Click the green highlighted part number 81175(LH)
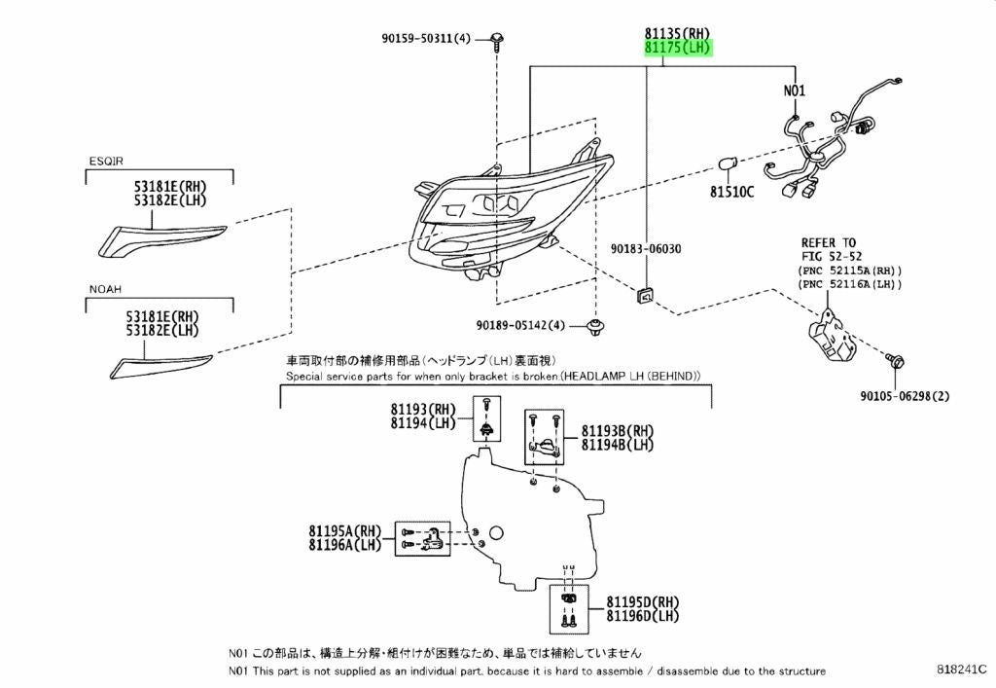point(678,48)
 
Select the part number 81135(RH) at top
point(678,33)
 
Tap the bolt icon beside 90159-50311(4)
point(497,41)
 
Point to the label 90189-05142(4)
point(520,325)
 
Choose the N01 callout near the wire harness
point(794,91)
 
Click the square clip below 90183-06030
point(646,296)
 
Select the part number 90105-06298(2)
point(906,396)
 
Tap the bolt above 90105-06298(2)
point(895,361)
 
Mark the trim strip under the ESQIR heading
point(162,238)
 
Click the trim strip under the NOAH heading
point(160,367)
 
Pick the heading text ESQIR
point(106,162)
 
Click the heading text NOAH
point(105,289)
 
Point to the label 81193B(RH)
point(618,431)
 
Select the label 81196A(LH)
point(345,545)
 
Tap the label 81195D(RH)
point(642,601)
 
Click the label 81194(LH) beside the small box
point(423,423)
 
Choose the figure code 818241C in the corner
point(962,669)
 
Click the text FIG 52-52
point(832,256)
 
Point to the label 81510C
point(731,191)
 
